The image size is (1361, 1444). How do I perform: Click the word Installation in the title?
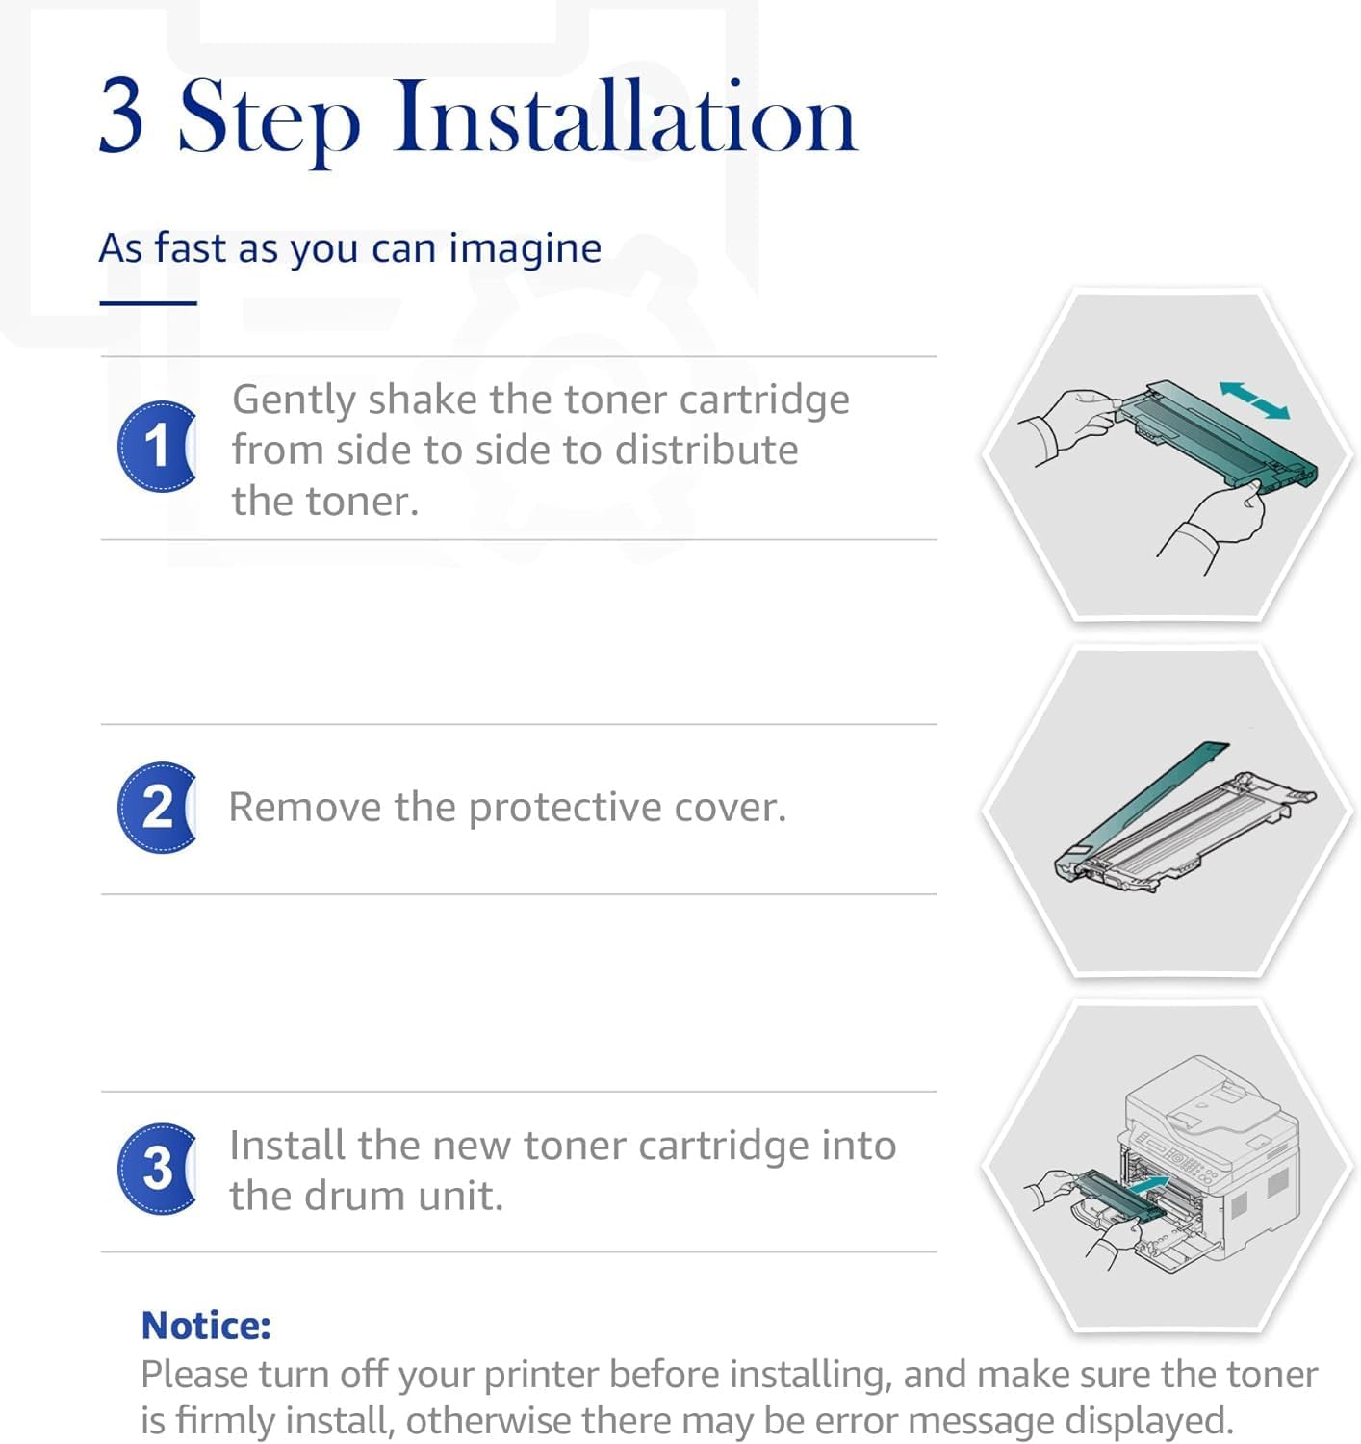click(626, 116)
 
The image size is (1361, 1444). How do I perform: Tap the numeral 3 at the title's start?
click(120, 116)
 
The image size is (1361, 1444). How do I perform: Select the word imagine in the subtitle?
click(525, 249)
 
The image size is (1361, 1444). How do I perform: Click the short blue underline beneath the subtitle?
click(148, 303)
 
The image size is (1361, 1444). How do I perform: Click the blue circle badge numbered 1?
click(157, 446)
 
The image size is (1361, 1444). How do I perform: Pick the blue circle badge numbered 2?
click(157, 807)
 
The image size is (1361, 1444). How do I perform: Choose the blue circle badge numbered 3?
click(157, 1169)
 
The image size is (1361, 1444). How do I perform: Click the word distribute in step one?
click(706, 451)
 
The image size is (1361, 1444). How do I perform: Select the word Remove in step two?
click(304, 807)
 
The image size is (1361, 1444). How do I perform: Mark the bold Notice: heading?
click(206, 1325)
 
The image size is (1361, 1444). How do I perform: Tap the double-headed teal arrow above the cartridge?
click(1254, 400)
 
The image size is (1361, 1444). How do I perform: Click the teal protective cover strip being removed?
click(1142, 800)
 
